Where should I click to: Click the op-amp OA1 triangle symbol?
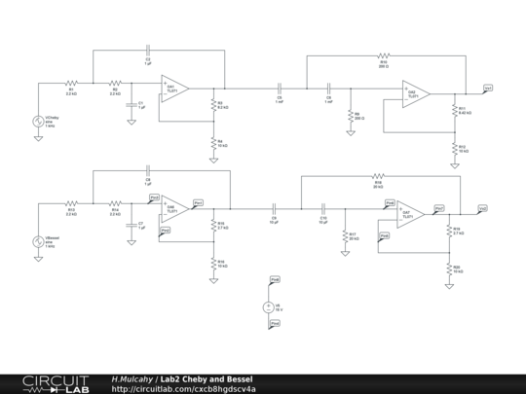coord(175,89)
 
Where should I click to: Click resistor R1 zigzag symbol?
coord(71,84)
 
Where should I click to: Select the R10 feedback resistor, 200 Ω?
coord(382,56)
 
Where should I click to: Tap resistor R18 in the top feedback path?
coord(378,177)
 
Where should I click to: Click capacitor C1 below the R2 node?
coord(131,104)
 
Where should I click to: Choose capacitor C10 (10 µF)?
coord(322,208)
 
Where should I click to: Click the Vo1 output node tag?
coord(487,88)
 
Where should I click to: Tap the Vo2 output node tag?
coord(482,207)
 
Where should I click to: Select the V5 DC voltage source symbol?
coord(269,306)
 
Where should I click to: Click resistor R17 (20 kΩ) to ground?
coord(345,235)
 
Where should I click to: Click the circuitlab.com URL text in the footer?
coord(185,388)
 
